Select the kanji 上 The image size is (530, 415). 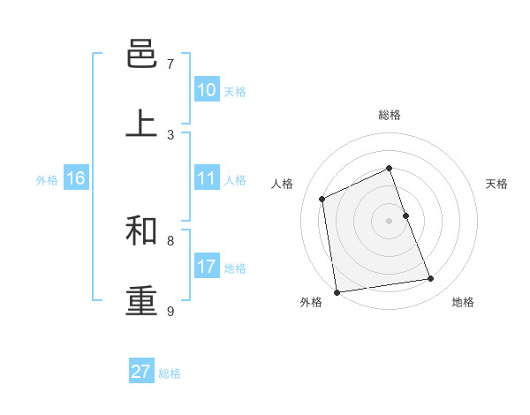coord(142,124)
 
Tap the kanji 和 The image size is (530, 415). coord(142,230)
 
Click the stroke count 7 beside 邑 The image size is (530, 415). coord(170,64)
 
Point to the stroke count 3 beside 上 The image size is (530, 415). coord(170,134)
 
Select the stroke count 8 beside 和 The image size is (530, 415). coord(170,240)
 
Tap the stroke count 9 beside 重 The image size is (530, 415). coord(170,311)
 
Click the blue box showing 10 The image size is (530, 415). coord(207,90)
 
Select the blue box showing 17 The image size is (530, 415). coord(207,266)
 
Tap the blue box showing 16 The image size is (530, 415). coord(76,178)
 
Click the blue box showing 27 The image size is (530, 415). coord(141,372)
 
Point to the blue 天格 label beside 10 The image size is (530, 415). coord(235,92)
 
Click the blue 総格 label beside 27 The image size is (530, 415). coord(170,373)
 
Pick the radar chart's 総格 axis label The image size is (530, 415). coord(390,115)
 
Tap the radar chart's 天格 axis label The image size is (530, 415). coord(496,184)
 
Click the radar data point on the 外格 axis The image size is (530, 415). coord(337,292)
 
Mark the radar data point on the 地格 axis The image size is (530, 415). coord(431,279)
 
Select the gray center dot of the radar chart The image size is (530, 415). coord(390,221)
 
